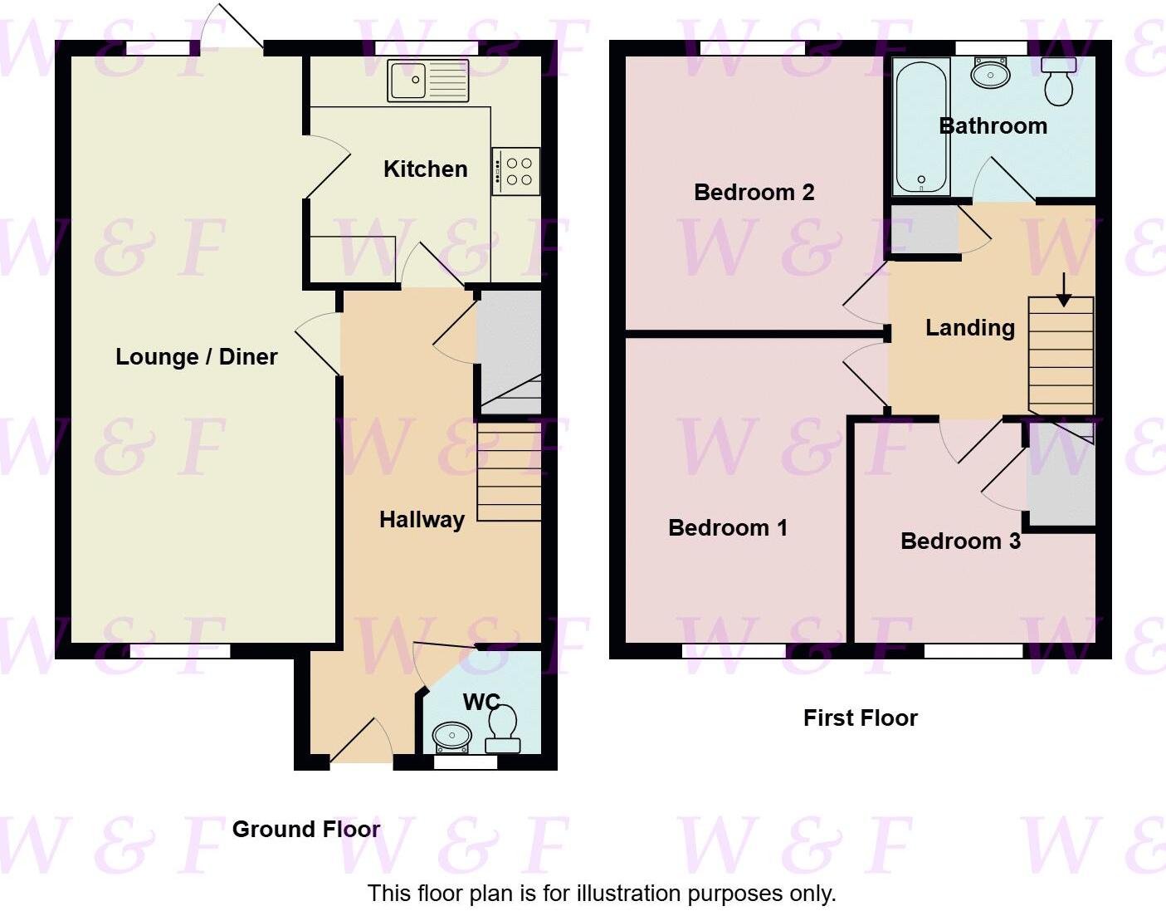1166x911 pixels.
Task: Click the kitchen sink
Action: pos(427,82)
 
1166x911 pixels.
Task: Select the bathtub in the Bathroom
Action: pos(921,125)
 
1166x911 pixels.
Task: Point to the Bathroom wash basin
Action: pos(990,75)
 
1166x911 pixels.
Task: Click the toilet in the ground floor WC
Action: pos(503,727)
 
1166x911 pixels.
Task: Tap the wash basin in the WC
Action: pos(452,735)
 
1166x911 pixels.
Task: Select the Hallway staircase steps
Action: pos(509,473)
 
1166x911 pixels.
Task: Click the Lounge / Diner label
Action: pos(197,357)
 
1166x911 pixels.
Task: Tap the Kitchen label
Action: pos(426,169)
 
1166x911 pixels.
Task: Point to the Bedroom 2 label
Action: pos(754,193)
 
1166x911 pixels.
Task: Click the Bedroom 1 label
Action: pos(728,528)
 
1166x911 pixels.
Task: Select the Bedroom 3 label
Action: pos(960,541)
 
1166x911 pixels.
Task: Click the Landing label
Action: pos(970,328)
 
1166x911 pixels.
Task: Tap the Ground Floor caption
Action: pos(306,829)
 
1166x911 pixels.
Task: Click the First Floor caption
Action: pos(861,718)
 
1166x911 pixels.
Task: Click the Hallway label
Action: pos(422,520)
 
